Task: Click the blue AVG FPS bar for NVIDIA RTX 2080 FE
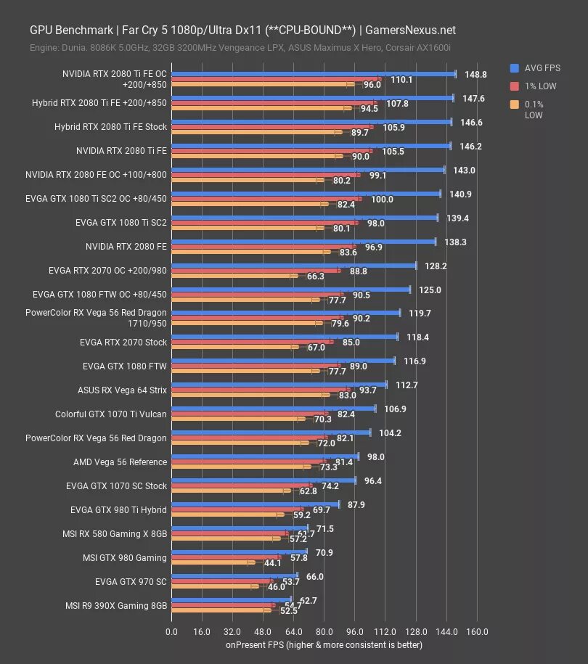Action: click(x=303, y=241)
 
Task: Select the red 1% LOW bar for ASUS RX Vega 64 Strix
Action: click(x=261, y=390)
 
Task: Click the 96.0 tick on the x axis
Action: click(x=356, y=631)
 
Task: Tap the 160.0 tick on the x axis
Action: click(x=476, y=631)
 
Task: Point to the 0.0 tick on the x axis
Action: click(x=172, y=631)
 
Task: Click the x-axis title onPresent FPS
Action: click(x=324, y=644)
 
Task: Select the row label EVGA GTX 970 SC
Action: click(x=131, y=582)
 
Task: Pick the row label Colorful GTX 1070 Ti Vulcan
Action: click(x=111, y=414)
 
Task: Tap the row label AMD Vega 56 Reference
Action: click(x=121, y=462)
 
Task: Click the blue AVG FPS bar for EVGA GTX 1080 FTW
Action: click(x=283, y=361)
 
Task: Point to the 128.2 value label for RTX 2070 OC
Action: click(x=436, y=266)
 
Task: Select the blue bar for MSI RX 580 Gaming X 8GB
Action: click(x=240, y=528)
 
